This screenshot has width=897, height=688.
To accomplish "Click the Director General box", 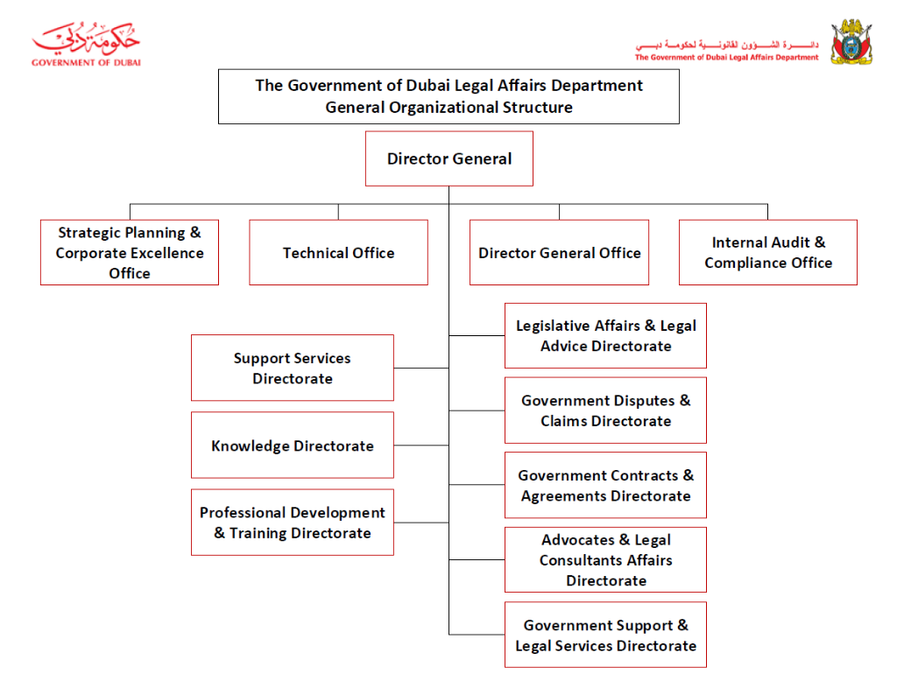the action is [449, 158].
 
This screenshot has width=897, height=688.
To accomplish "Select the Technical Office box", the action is [339, 253].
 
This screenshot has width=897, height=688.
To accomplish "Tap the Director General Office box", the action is [559, 253].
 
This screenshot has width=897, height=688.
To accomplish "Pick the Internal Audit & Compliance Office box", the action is [767, 253].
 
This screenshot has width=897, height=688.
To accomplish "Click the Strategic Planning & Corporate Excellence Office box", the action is [130, 253].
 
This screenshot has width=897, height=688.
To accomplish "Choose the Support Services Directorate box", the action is [293, 368].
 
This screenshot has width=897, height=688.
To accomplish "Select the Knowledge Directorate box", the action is [293, 446].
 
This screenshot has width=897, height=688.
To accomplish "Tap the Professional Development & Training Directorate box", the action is [293, 523].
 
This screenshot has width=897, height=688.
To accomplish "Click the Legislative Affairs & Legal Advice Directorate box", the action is [606, 336].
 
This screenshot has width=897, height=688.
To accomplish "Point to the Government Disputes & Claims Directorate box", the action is [606, 411].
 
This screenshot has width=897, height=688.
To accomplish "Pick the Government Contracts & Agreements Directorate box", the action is [606, 485].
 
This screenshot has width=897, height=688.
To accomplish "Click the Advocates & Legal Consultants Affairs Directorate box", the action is [606, 560].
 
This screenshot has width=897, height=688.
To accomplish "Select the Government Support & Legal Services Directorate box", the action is [606, 635].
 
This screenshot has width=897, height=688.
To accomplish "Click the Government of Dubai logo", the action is [86, 44].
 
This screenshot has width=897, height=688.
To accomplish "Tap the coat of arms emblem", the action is [851, 42].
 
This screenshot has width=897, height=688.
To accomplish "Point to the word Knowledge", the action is [250, 446].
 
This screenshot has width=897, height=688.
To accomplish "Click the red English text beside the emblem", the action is [726, 57].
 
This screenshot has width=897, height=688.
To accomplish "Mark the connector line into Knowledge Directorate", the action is [421, 446].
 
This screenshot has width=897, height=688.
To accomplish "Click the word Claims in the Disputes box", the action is [563, 421].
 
